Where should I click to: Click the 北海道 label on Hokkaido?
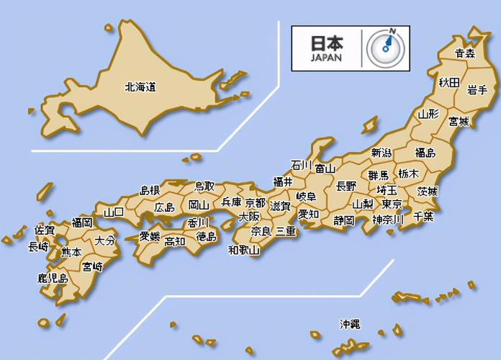click(x=140, y=87)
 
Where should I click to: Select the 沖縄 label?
click(x=351, y=325)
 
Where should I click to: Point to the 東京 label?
click(x=392, y=205)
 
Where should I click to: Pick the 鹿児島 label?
click(x=53, y=278)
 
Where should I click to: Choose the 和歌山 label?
click(x=244, y=251)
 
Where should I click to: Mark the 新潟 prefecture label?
click(x=382, y=153)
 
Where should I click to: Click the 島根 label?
click(x=149, y=190)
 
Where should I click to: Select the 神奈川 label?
click(x=389, y=219)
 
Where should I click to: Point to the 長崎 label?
click(x=38, y=247)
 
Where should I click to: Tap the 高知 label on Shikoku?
click(x=175, y=241)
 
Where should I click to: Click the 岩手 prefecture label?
click(x=477, y=89)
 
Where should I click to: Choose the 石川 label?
click(x=301, y=165)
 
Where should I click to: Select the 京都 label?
click(x=255, y=202)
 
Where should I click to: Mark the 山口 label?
click(x=114, y=212)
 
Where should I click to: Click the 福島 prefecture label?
click(x=425, y=153)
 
